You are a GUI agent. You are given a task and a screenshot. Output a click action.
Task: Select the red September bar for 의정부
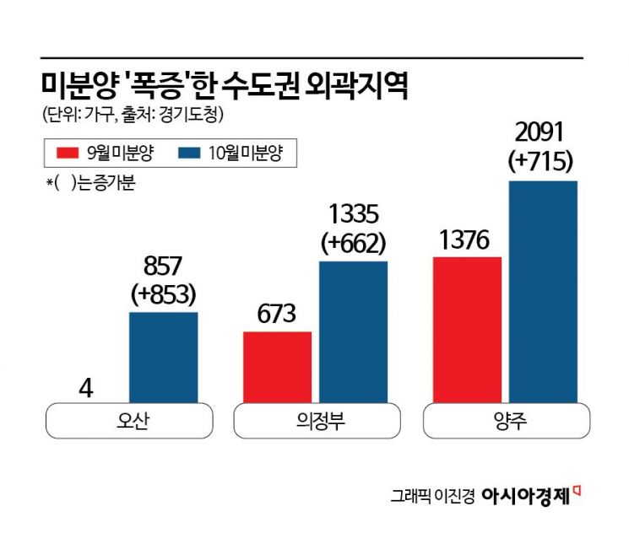(277, 367)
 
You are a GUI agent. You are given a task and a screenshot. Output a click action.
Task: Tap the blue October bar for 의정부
(353, 332)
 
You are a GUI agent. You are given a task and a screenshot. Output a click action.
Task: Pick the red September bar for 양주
(467, 330)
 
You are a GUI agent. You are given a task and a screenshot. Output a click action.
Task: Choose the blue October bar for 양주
(543, 292)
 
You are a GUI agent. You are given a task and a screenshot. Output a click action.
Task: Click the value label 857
(163, 265)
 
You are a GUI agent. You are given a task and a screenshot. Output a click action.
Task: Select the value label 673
(277, 315)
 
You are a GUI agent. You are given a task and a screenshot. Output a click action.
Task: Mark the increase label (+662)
(353, 243)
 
